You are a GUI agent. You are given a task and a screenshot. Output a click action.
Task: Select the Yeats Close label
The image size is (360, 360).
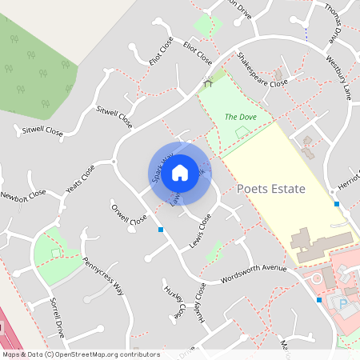point(80,182)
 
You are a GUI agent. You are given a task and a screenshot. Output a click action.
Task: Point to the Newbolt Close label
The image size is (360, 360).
point(23,195)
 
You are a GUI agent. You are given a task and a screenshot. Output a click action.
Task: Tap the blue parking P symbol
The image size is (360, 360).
point(344,305)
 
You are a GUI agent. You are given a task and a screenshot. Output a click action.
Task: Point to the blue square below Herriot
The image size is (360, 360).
point(337,204)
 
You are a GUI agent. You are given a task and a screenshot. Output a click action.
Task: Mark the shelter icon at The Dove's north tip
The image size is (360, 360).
point(209,82)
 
